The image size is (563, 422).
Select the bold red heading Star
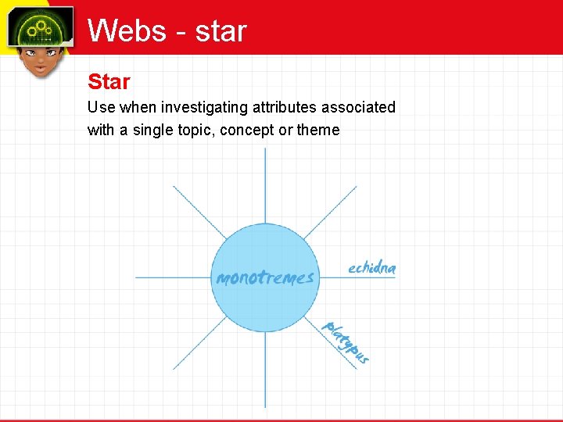(109, 81)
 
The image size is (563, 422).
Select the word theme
(318, 130)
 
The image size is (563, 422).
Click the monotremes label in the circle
(265, 277)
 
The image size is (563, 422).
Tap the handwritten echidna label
(372, 268)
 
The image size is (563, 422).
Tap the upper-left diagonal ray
(199, 212)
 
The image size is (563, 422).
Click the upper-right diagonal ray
(330, 212)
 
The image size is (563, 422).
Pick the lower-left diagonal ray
(199, 343)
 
